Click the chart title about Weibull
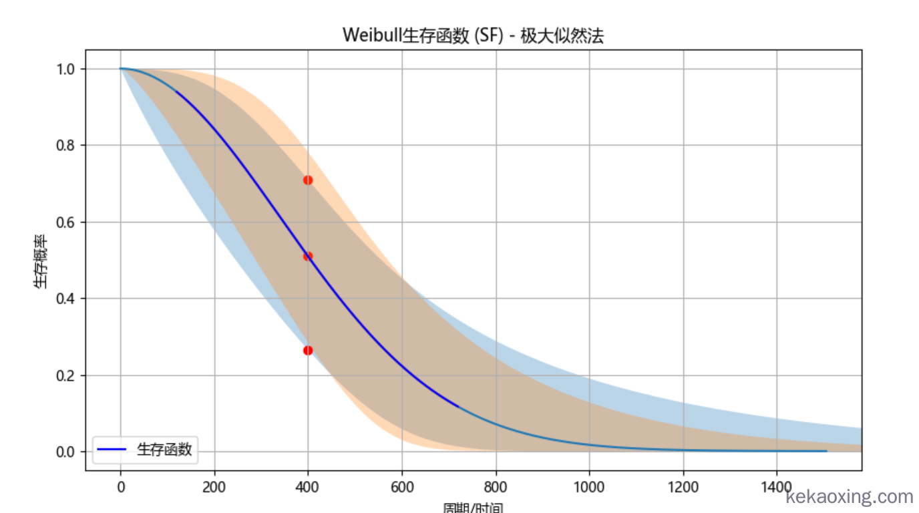click(473, 35)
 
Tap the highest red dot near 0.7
click(308, 180)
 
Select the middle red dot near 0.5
click(308, 256)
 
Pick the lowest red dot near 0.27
click(308, 350)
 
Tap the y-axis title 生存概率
click(41, 261)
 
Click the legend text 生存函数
click(164, 450)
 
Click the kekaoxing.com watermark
click(850, 496)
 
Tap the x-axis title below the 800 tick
click(473, 508)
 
